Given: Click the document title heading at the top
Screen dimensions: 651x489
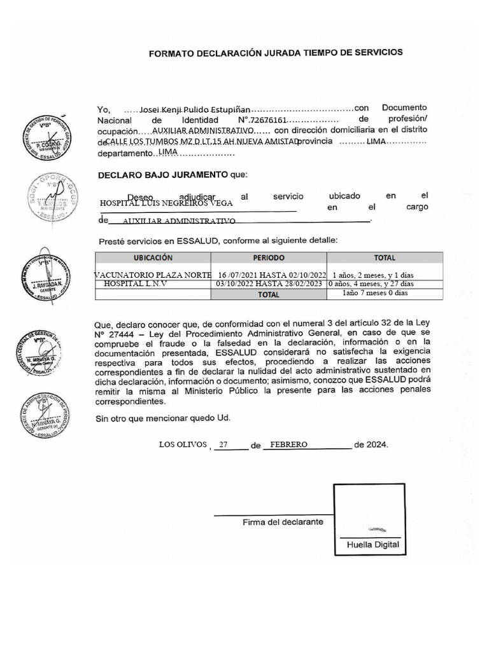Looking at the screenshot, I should [x=275, y=53].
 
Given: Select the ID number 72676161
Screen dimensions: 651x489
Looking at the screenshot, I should [x=270, y=120].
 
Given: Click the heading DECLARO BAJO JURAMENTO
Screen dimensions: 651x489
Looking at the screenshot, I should [x=162, y=174].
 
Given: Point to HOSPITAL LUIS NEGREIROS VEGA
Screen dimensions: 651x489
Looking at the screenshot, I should [x=167, y=203].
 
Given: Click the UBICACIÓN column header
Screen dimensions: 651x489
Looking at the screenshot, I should [x=153, y=258].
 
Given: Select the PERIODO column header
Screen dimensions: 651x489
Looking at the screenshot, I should [x=269, y=258].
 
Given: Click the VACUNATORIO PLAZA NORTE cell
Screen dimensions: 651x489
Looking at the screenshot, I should [x=153, y=275].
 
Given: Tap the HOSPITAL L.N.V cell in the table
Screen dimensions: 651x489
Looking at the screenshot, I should [x=135, y=284].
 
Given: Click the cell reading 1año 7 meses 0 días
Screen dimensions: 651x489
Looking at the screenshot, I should [x=374, y=293].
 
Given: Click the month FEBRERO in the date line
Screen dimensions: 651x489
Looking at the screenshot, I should [x=289, y=444].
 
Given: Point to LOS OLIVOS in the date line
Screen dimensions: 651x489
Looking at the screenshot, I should [x=183, y=444].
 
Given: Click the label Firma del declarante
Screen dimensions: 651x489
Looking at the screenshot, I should [x=283, y=522].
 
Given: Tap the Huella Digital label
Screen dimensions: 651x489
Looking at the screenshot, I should [x=372, y=545].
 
